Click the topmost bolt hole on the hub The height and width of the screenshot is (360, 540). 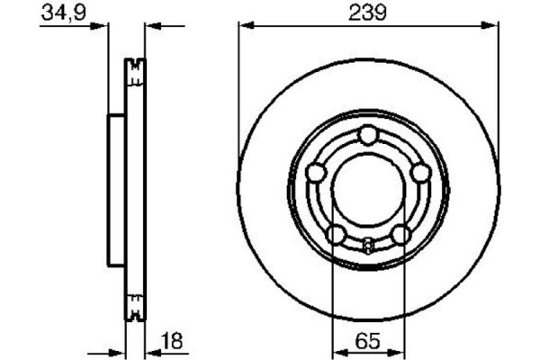pyautogui.click(x=368, y=136)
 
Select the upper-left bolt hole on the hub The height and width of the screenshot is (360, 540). pyautogui.click(x=316, y=173)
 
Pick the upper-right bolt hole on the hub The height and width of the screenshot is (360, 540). pyautogui.click(x=419, y=173)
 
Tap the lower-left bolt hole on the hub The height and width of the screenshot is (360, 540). pyautogui.click(x=336, y=235)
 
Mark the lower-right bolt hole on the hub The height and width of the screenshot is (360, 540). pyautogui.click(x=400, y=235)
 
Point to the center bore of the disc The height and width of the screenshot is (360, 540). pyautogui.click(x=368, y=192)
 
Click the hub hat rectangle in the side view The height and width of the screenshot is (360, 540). pyautogui.click(x=117, y=190)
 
